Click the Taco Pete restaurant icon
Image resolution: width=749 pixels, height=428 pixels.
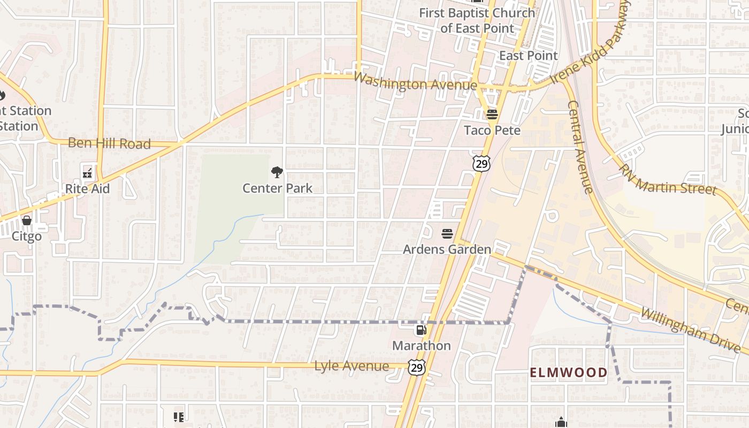[x=492, y=114]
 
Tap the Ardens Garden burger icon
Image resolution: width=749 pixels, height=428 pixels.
[x=447, y=234]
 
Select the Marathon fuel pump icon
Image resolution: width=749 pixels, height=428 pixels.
[x=422, y=330]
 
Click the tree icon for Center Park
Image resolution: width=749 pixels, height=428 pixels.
[x=277, y=172]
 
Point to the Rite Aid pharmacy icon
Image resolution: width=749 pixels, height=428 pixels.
[x=87, y=173]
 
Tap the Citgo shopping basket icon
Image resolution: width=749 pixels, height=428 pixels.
[x=26, y=220]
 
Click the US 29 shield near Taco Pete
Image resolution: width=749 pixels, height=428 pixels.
[x=481, y=163]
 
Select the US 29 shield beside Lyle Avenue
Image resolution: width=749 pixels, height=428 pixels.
[x=417, y=367]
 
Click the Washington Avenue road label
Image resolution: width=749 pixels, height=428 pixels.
[x=415, y=82]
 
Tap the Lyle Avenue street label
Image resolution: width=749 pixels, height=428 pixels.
[x=351, y=366]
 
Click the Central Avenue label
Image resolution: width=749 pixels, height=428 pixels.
[x=580, y=147]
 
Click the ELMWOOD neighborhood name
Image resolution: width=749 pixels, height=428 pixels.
[x=569, y=372]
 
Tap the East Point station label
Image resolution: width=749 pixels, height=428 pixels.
[x=528, y=56]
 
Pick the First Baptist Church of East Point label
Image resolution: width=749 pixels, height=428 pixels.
[x=477, y=20]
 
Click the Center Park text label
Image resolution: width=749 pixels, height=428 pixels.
[x=277, y=188]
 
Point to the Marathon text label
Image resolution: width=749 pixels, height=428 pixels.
[x=422, y=346]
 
